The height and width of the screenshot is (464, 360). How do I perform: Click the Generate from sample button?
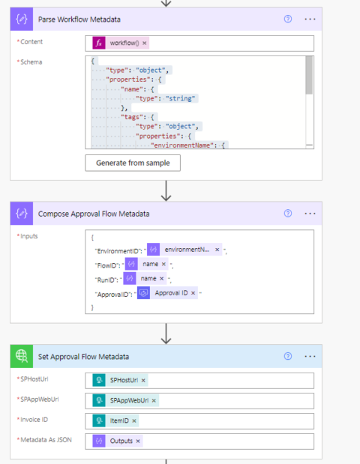coord(133,163)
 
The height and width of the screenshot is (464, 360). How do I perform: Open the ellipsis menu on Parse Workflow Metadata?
coord(310,19)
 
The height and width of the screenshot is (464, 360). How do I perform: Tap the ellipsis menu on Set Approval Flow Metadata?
coord(310,356)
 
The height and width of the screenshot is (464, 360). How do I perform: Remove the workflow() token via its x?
coord(145,43)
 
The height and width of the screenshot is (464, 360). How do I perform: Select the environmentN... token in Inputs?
coord(187,249)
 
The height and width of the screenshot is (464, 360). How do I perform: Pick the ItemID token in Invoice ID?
coord(119,421)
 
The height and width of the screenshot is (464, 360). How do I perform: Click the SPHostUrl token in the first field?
coord(124,380)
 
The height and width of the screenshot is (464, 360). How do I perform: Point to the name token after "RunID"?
coord(148,278)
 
